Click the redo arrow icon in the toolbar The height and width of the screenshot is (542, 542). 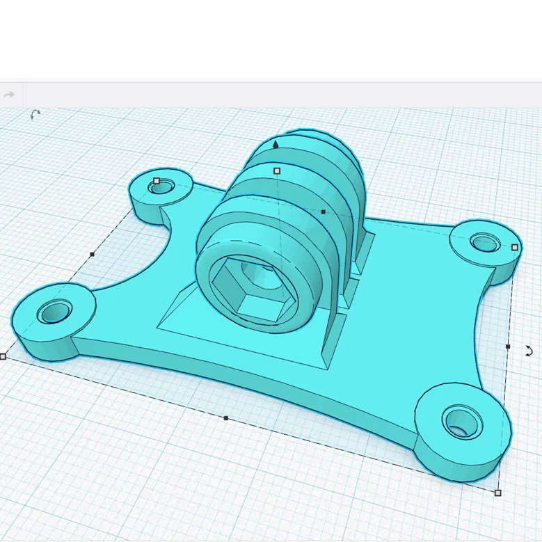pyautogui.click(x=9, y=95)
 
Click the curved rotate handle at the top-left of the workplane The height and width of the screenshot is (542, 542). pyautogui.click(x=35, y=114)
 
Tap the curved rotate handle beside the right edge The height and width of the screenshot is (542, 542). pyautogui.click(x=528, y=351)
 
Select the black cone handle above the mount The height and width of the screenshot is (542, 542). pyautogui.click(x=276, y=145)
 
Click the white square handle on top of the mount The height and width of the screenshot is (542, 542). pyautogui.click(x=277, y=170)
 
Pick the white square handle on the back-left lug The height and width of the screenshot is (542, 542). pyautogui.click(x=157, y=181)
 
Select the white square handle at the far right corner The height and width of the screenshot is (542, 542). pyautogui.click(x=515, y=247)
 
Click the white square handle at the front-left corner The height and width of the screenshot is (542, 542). pyautogui.click(x=3, y=356)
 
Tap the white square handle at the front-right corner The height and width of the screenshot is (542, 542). pyautogui.click(x=497, y=493)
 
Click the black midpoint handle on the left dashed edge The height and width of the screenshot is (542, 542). pyautogui.click(x=92, y=255)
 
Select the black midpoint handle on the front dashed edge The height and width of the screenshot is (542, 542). pyautogui.click(x=225, y=418)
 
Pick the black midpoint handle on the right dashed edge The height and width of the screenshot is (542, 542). pyautogui.click(x=508, y=346)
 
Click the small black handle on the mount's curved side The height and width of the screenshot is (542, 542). pyautogui.click(x=323, y=212)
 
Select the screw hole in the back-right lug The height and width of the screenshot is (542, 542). pyautogui.click(x=482, y=243)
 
